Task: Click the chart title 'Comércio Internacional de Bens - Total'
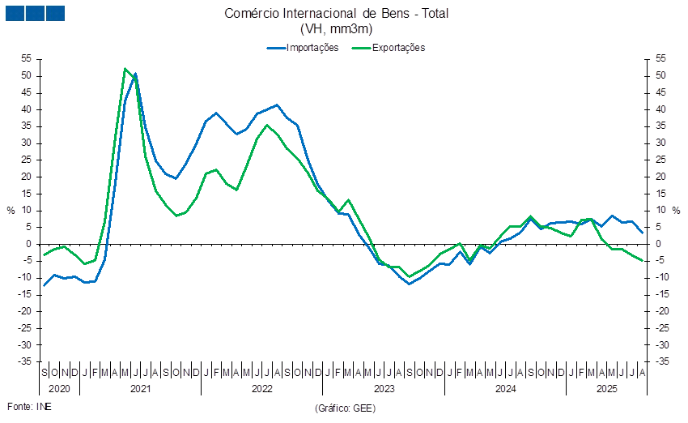[336, 13]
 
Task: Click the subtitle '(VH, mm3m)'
[336, 29]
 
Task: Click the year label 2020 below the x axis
[59, 389]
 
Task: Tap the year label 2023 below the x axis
[384, 389]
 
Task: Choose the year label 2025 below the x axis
[607, 389]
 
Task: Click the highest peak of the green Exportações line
[125, 69]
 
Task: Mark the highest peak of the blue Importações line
[135, 74]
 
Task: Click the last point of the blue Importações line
[643, 233]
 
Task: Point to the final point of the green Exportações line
[643, 260]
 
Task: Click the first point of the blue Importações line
[44, 285]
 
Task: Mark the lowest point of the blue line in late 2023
[410, 284]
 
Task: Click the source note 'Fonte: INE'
[28, 406]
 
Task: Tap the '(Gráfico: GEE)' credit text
[344, 408]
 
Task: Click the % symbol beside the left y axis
[11, 210]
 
